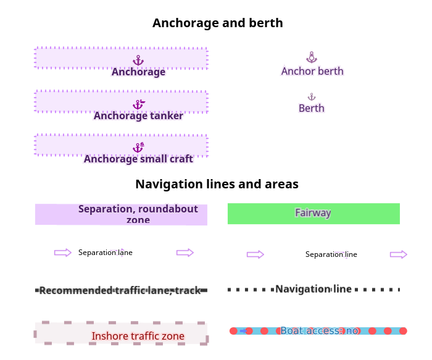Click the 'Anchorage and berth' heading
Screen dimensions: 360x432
click(217, 23)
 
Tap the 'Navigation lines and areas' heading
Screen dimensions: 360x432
click(217, 184)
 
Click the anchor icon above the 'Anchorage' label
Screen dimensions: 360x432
click(138, 60)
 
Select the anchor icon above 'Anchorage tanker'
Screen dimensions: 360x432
click(139, 104)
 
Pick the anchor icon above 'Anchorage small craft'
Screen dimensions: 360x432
click(139, 148)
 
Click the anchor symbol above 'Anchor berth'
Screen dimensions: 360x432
click(312, 57)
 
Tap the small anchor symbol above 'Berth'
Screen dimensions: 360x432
click(312, 97)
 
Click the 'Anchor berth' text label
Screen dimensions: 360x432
click(312, 71)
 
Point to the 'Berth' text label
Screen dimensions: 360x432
click(312, 109)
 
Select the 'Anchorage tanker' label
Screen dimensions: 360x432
click(138, 115)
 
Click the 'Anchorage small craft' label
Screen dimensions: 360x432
click(138, 159)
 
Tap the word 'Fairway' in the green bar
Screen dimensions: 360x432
click(313, 213)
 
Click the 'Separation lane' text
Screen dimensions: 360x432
click(105, 253)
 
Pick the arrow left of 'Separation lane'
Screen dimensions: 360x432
click(63, 253)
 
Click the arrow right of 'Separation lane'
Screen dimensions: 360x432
click(185, 253)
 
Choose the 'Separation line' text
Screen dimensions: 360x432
click(331, 254)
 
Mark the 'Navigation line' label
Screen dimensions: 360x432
click(314, 289)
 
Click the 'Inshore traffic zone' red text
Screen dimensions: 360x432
click(138, 337)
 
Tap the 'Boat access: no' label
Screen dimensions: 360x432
click(319, 331)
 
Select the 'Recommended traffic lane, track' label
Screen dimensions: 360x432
click(120, 290)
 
